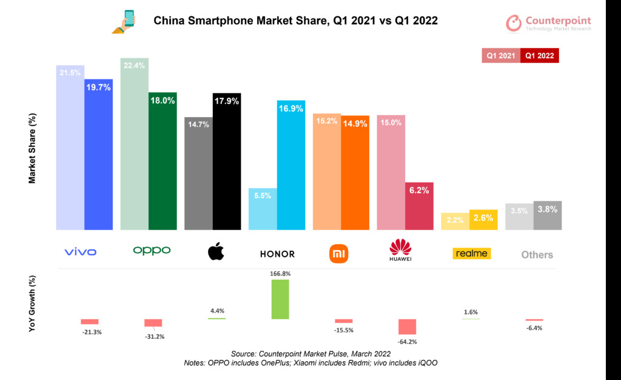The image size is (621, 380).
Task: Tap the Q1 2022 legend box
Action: (x=540, y=55)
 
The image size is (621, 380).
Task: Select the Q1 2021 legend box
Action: (x=501, y=55)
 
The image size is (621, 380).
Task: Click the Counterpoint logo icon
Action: (x=514, y=23)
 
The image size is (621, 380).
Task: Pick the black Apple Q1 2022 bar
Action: (x=227, y=162)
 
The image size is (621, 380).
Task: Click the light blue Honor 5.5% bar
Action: (x=263, y=209)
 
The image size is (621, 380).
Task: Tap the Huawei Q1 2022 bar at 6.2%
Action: (x=419, y=206)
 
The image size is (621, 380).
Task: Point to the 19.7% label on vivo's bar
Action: (x=98, y=87)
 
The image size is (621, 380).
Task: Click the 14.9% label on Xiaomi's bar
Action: (x=355, y=123)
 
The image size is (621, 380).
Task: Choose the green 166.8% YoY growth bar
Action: (x=280, y=299)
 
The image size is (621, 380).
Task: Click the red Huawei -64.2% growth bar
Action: (x=406, y=327)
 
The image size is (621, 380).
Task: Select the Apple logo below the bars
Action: (x=216, y=251)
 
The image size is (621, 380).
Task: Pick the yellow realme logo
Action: (x=471, y=253)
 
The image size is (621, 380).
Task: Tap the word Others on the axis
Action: (x=537, y=255)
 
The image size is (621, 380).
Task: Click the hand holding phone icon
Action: (x=124, y=21)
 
